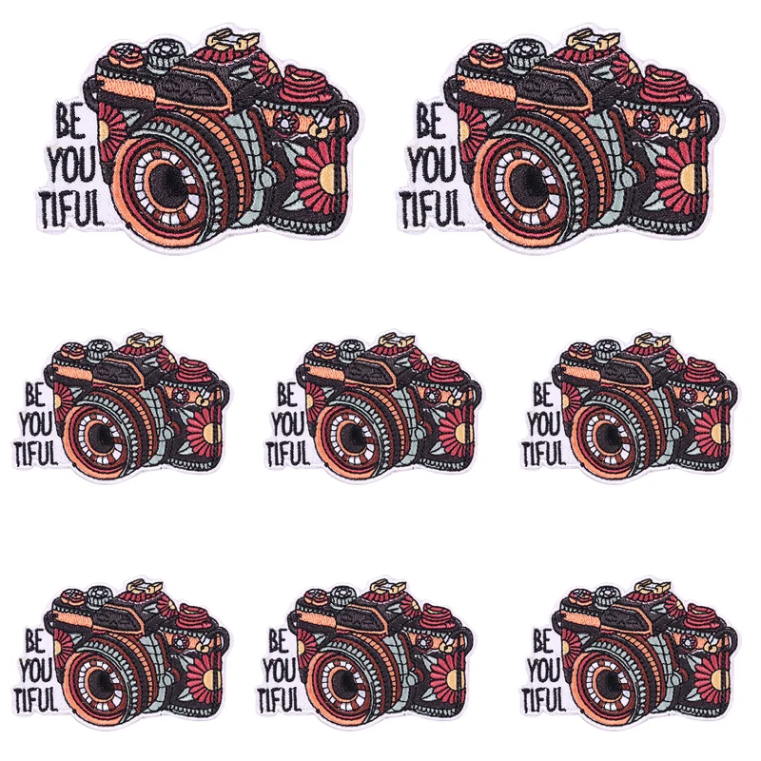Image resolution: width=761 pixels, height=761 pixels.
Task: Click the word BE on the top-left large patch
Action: click(x=68, y=120)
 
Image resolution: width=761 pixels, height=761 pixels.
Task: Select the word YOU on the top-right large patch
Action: click(x=431, y=165)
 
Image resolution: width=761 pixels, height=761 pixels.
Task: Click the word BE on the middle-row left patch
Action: click(x=35, y=394)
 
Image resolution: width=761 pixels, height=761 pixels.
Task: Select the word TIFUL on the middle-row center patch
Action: click(x=289, y=455)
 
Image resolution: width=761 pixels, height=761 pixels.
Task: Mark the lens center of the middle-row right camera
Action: click(x=605, y=433)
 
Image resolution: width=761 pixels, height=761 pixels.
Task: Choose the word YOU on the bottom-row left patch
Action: click(x=36, y=671)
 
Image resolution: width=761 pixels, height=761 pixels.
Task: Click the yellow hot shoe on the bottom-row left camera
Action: click(x=145, y=586)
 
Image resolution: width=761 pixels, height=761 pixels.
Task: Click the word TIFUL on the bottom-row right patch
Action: click(x=543, y=700)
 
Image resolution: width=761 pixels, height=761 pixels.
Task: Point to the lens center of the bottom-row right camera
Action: click(x=605, y=678)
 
